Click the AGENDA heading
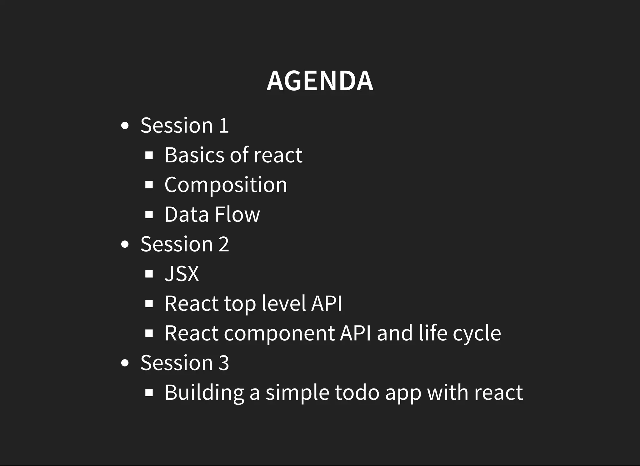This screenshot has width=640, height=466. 320,81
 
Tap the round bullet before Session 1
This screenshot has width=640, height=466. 125,126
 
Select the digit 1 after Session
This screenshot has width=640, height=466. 224,126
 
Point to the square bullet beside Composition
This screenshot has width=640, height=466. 149,185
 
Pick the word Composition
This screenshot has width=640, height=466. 226,185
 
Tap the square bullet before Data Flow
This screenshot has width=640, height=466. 149,215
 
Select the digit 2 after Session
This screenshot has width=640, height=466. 224,244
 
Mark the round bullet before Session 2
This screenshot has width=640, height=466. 125,245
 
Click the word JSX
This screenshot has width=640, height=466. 182,274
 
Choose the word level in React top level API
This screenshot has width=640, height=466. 284,303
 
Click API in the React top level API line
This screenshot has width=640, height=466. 327,303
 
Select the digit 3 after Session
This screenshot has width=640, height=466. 224,363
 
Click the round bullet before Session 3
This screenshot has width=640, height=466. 125,363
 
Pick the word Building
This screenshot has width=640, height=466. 204,393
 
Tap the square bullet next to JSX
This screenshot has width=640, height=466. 149,274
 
